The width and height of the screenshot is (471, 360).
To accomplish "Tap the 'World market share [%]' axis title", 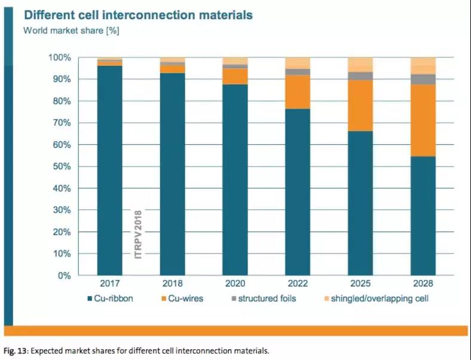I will [71, 30].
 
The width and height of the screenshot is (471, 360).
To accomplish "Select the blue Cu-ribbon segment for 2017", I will [109, 170].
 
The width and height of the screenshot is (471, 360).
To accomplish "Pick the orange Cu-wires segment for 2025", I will [360, 105].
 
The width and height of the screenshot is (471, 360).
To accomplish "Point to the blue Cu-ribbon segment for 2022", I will [298, 192].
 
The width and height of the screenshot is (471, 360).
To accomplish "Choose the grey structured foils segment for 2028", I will [423, 79].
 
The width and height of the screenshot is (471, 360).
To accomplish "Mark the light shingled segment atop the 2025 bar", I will [360, 65].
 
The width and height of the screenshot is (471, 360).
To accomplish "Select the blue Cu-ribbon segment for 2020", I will [235, 180].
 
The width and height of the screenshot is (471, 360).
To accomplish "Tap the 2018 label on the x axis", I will [172, 283].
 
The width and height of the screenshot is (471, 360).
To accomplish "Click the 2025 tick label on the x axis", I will [360, 283].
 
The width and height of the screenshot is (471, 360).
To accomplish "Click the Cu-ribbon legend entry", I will [110, 298].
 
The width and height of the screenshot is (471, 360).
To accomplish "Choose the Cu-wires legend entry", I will [185, 298].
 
